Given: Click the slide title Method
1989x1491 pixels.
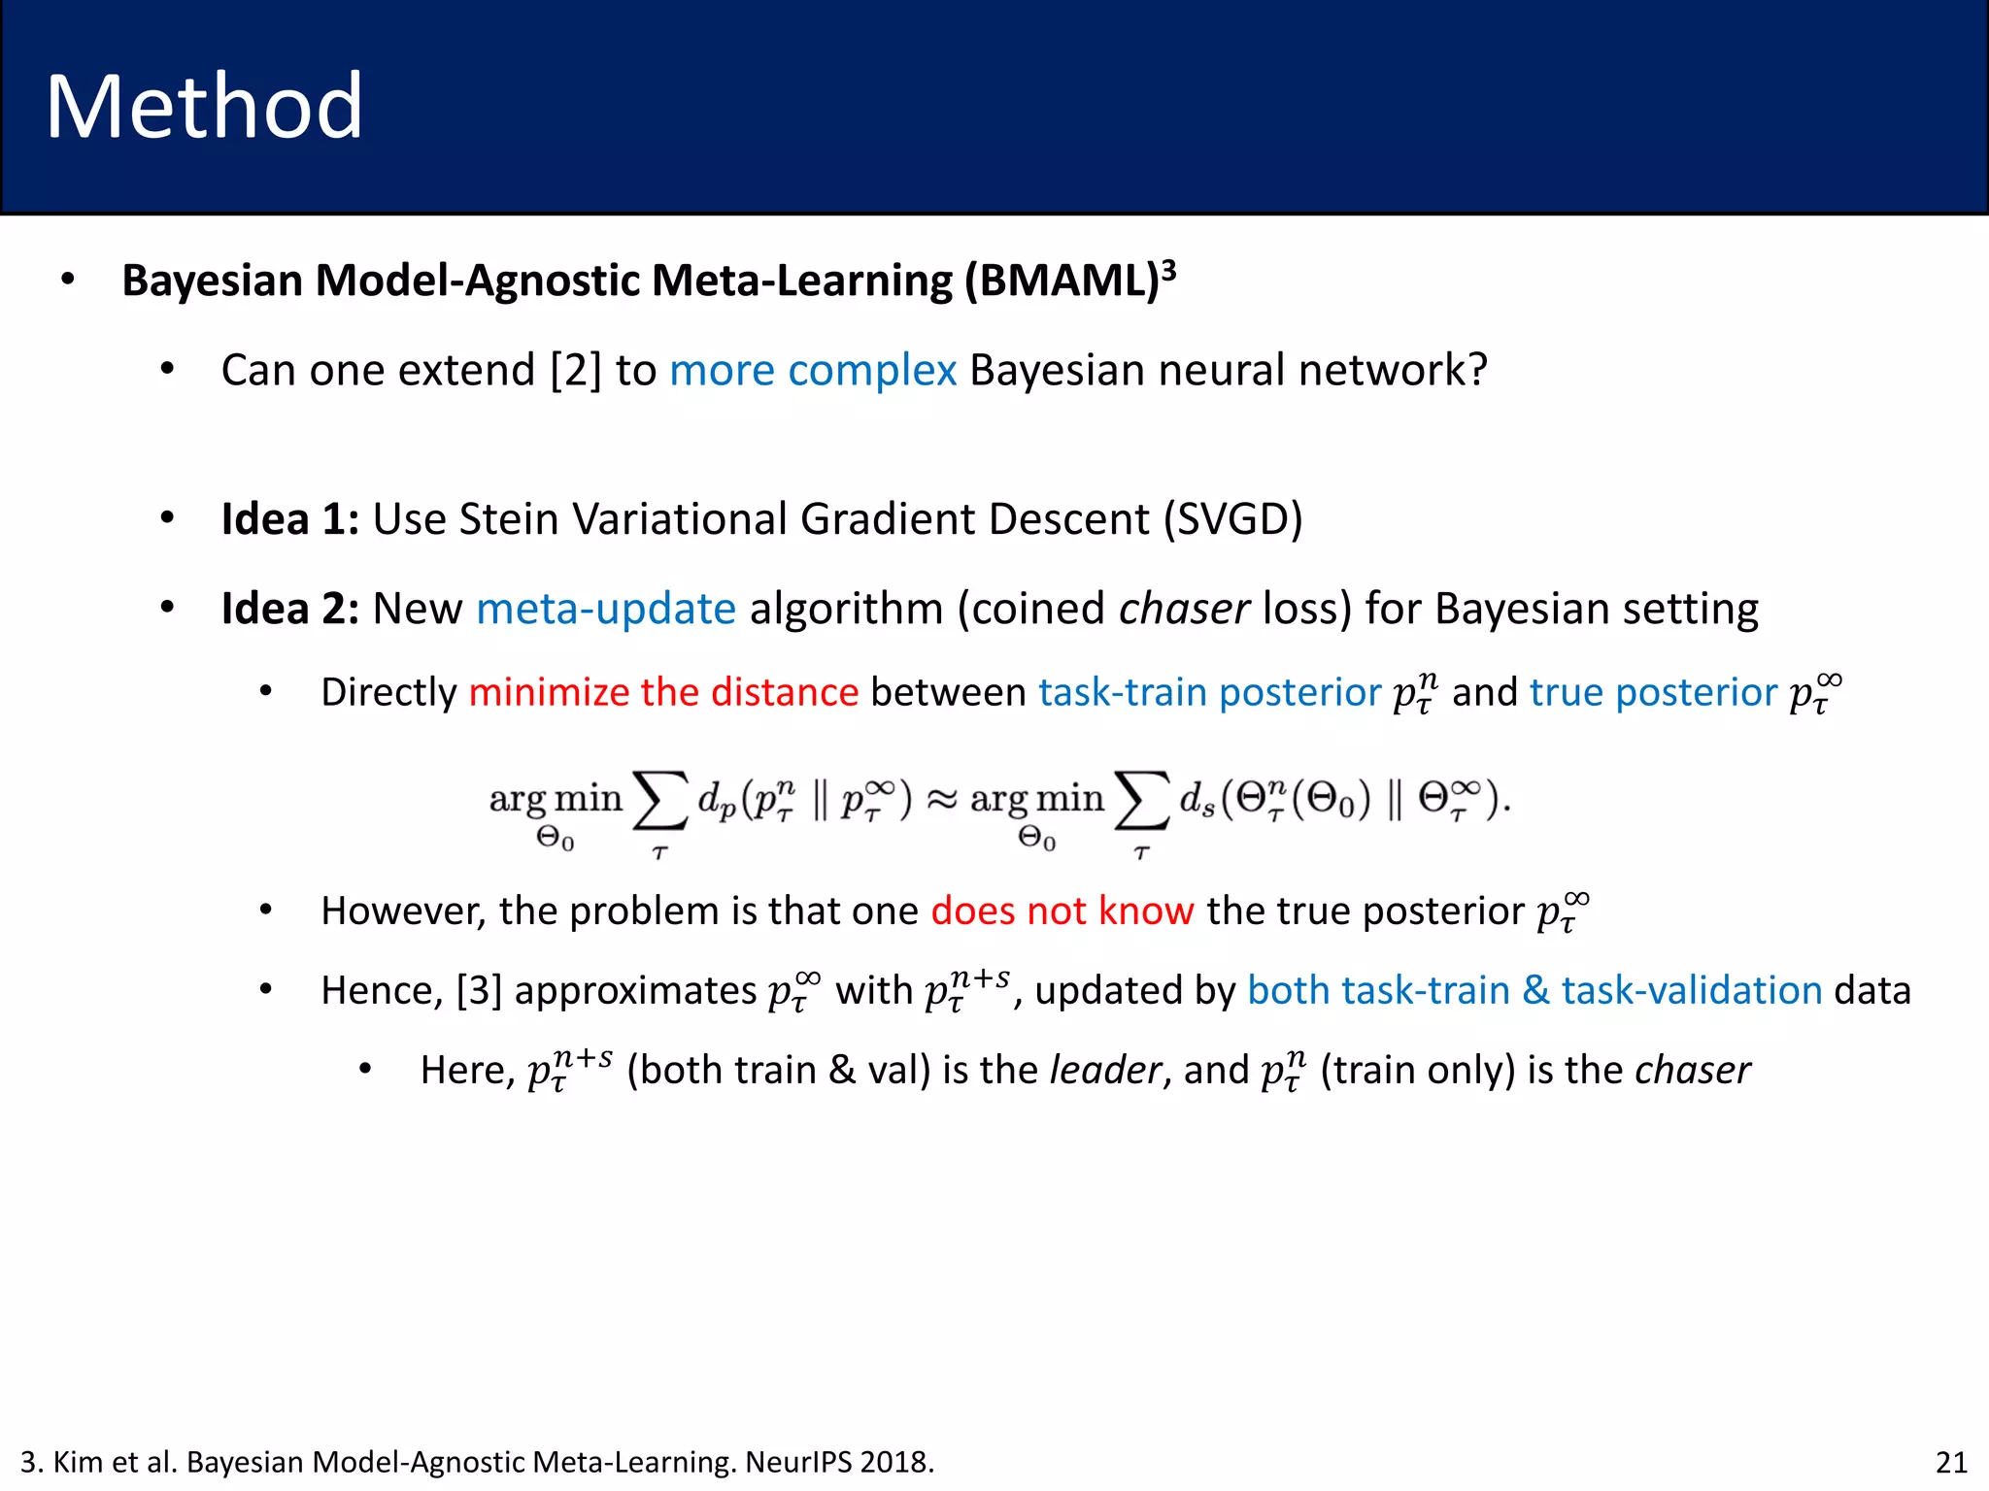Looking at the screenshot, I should point(204,107).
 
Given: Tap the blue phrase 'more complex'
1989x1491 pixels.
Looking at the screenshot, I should point(813,371).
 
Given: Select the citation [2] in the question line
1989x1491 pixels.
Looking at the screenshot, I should point(575,371).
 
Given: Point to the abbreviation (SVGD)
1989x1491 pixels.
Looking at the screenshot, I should point(1232,519).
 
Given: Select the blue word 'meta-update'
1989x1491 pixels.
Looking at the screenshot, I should point(606,610).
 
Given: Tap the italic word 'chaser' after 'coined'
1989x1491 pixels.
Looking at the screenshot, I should point(1183,610).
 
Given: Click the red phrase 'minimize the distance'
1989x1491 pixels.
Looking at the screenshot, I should point(663,693).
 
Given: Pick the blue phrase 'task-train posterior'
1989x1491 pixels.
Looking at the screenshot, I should point(1209,693).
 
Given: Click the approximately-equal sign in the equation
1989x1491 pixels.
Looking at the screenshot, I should point(940,800).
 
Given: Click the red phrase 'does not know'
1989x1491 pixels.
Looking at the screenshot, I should point(1062,911).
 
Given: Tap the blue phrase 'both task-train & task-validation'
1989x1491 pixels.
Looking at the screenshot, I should point(1534,991).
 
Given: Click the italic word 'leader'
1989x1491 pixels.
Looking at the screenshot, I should point(1105,1071).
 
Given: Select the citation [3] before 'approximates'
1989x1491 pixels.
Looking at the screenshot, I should point(479,991).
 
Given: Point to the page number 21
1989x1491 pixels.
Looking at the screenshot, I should point(1951,1462).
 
